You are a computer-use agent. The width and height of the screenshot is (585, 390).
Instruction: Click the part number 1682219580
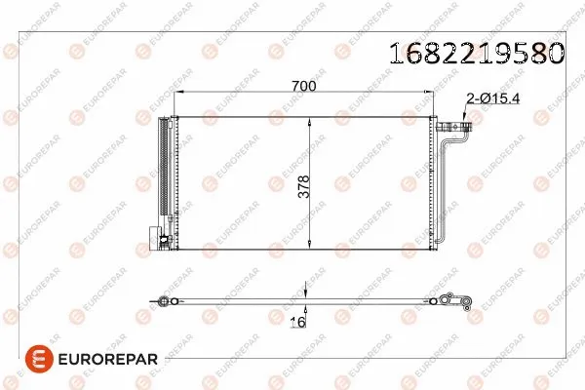(x=477, y=53)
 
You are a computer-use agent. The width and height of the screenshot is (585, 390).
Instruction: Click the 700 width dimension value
(x=304, y=87)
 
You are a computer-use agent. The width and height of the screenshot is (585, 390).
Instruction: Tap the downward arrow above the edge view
(x=307, y=290)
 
